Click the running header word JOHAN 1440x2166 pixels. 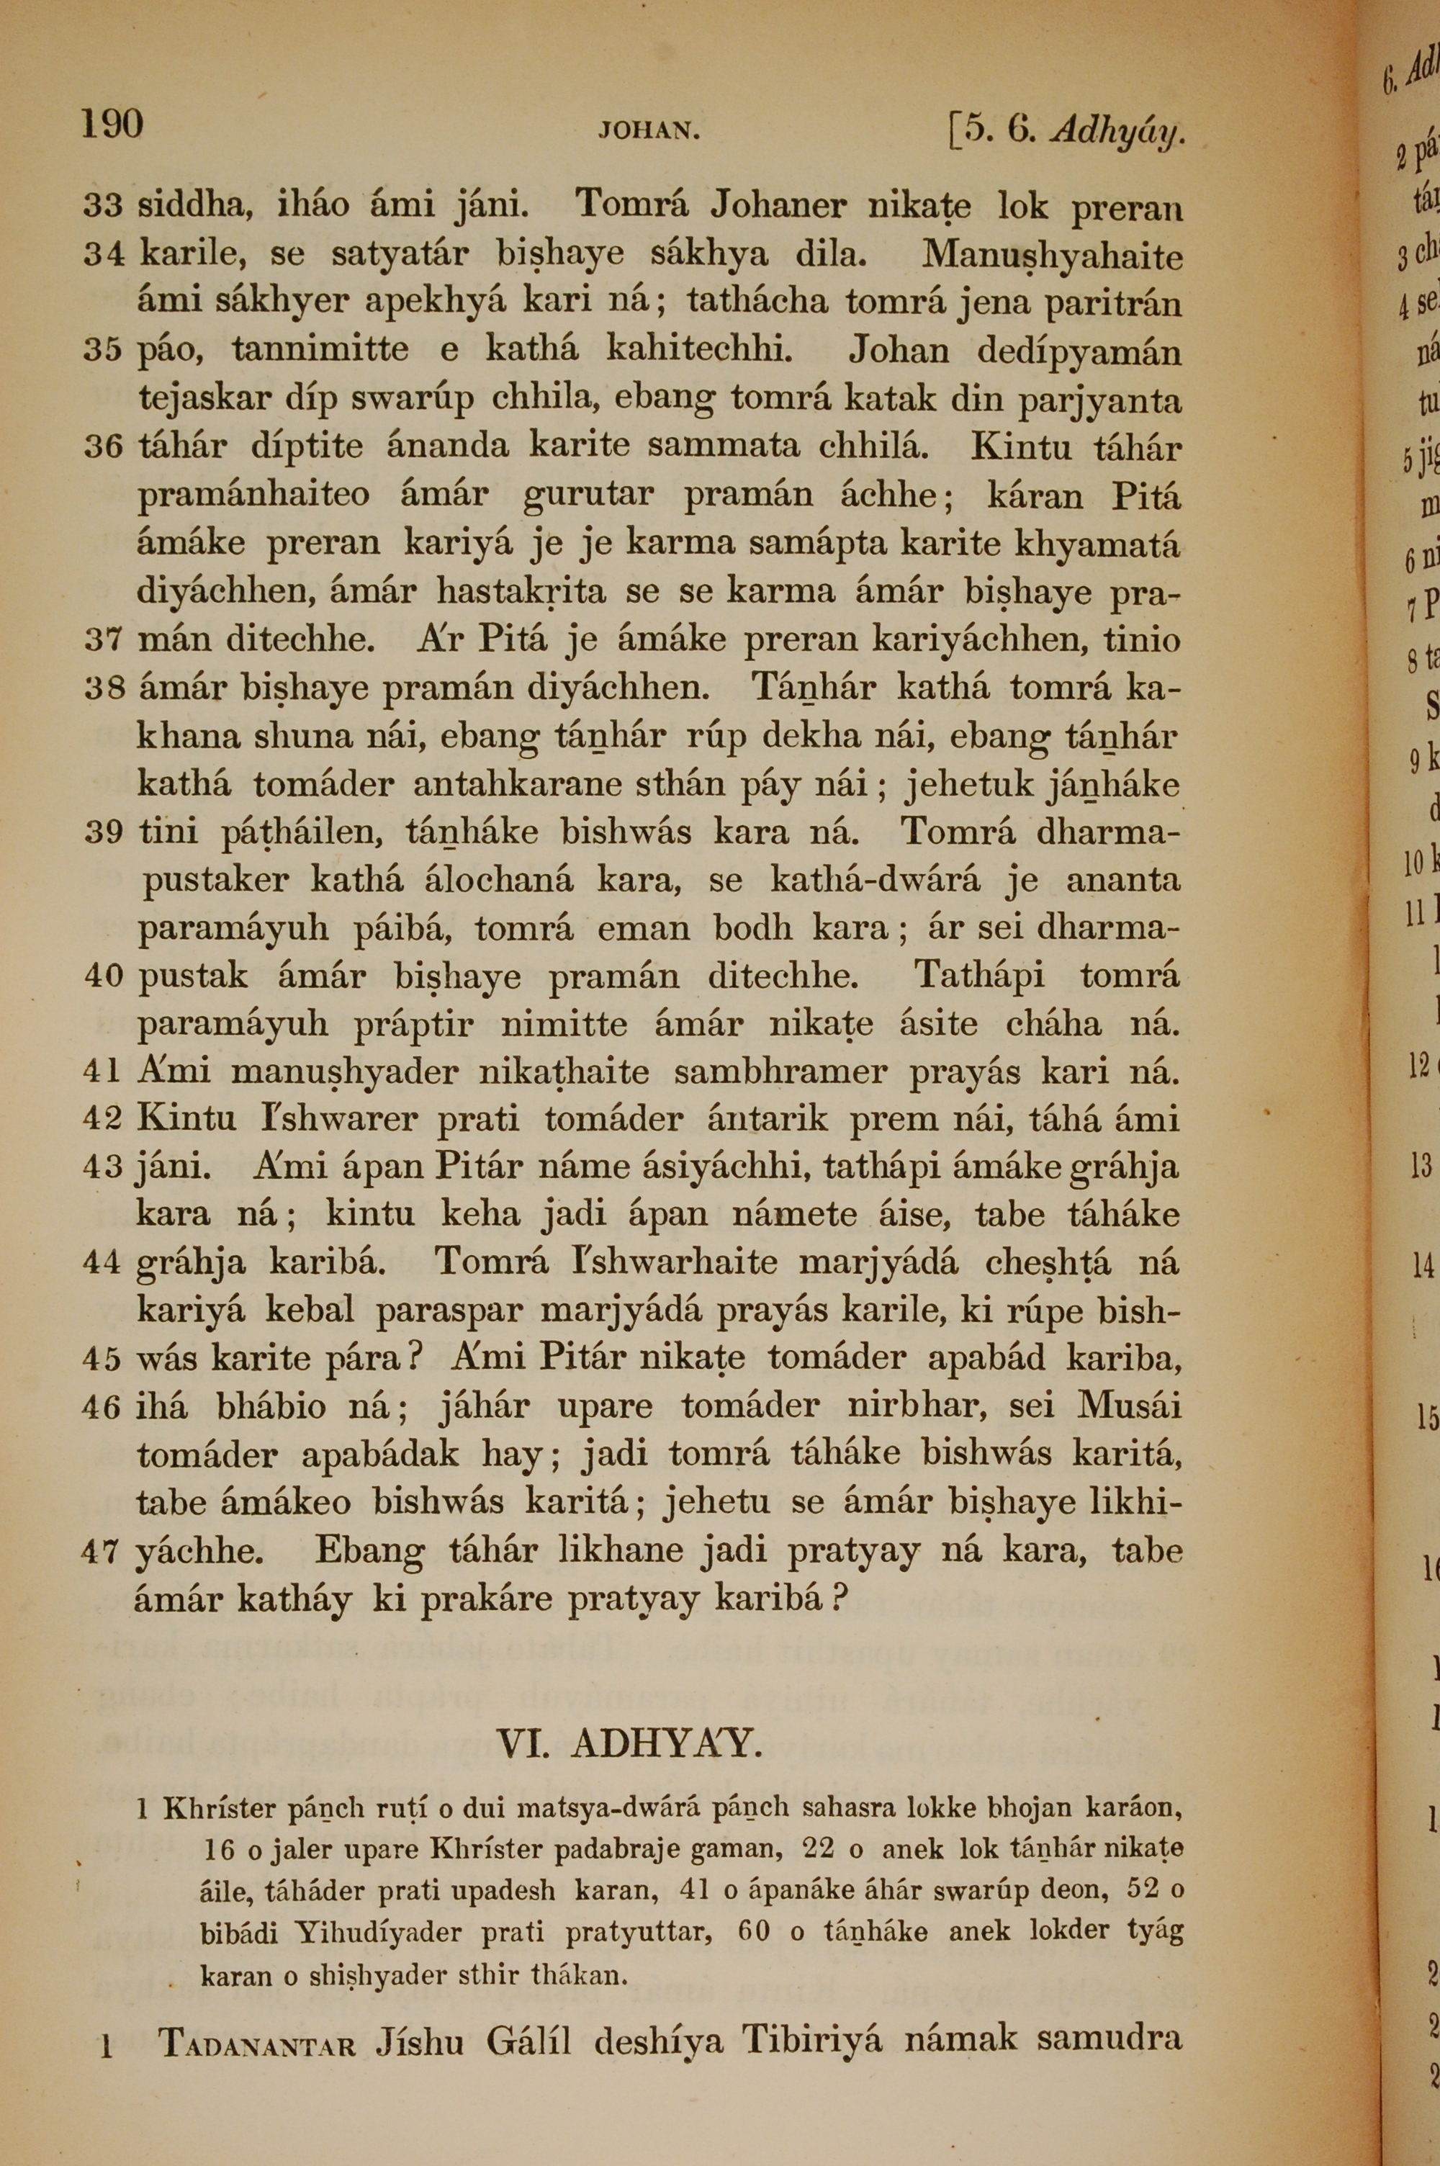coord(649,131)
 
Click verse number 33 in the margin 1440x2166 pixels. coord(102,207)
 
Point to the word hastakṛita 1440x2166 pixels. coord(521,591)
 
